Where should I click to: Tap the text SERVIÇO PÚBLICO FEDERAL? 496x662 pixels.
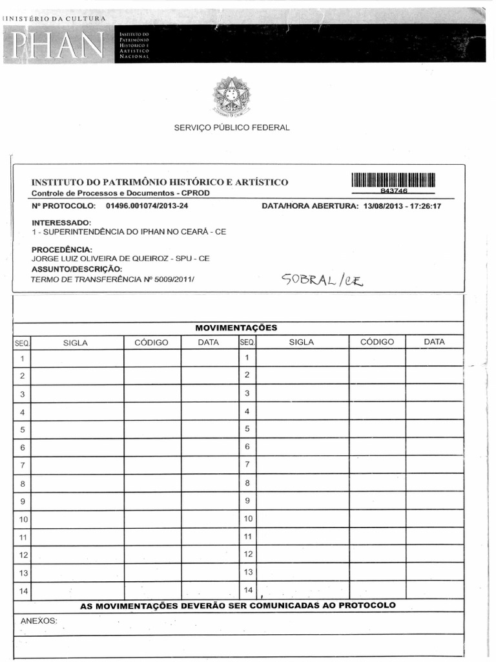[232, 127]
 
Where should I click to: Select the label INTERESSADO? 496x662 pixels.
[61, 222]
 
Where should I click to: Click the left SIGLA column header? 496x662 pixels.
[76, 343]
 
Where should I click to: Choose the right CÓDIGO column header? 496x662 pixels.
[377, 342]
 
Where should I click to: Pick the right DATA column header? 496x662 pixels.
[434, 342]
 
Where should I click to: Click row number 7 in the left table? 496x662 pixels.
[22, 465]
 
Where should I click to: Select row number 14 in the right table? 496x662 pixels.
[247, 590]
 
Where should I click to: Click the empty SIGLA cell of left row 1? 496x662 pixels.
[77, 358]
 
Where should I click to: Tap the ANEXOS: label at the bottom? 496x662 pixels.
[39, 621]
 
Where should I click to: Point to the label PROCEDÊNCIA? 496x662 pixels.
[62, 250]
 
